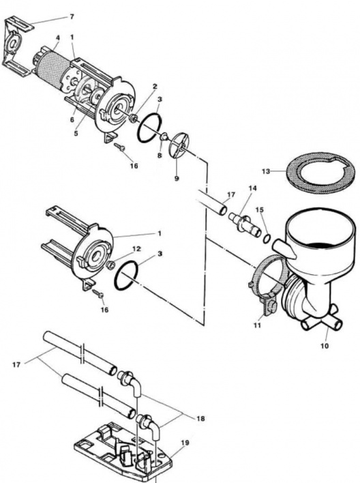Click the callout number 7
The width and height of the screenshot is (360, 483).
[72, 16]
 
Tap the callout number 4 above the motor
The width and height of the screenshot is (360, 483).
[57, 38]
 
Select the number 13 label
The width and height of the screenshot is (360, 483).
[266, 171]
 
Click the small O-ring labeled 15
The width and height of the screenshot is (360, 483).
[267, 238]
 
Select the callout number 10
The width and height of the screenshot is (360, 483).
[325, 346]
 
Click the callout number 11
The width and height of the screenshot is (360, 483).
[257, 325]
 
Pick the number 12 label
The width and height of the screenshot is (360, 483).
[136, 248]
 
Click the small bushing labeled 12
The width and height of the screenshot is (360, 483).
[110, 264]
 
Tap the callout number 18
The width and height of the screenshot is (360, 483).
[200, 419]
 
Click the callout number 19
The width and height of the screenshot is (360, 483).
[185, 443]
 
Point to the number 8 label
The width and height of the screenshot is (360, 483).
[160, 156]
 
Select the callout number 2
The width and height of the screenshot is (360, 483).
[155, 87]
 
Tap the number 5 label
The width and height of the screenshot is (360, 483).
[76, 134]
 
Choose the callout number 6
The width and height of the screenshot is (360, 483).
[72, 120]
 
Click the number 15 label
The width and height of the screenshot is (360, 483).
[260, 209]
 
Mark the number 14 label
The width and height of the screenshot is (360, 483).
[252, 188]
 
